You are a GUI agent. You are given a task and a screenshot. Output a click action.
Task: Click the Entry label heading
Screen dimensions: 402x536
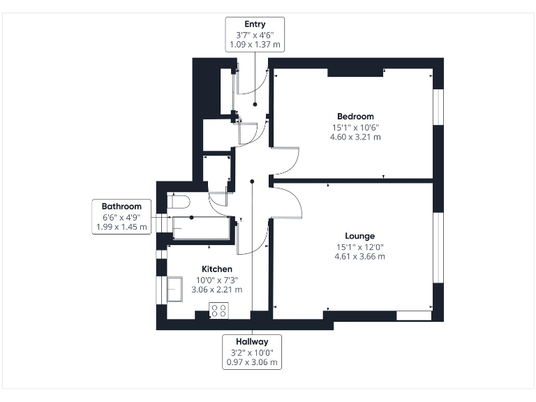click(x=255, y=24)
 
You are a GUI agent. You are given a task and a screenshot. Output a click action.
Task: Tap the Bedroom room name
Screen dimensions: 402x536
click(x=355, y=117)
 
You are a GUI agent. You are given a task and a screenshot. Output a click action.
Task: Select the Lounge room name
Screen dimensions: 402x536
click(x=359, y=236)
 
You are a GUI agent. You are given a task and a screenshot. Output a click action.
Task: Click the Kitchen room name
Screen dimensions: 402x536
click(x=217, y=269)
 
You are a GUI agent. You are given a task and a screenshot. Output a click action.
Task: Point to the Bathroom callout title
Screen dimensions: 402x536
click(x=121, y=207)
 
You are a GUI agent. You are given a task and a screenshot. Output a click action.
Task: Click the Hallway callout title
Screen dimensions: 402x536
click(x=252, y=342)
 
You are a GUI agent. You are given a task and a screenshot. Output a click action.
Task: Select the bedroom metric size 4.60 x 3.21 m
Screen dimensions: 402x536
click(x=355, y=137)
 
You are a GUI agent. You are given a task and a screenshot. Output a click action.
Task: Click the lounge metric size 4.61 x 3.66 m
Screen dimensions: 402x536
click(x=359, y=256)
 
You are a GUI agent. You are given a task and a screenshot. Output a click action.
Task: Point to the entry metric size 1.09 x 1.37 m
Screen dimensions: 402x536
click(x=255, y=45)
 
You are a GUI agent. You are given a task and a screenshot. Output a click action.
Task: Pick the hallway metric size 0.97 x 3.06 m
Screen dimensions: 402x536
click(x=252, y=362)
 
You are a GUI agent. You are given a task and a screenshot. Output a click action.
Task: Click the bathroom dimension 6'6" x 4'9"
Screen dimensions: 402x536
click(x=121, y=217)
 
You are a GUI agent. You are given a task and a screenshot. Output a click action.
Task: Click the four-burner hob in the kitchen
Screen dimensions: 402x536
click(x=218, y=310)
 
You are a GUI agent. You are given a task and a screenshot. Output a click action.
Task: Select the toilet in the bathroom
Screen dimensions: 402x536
click(x=179, y=202)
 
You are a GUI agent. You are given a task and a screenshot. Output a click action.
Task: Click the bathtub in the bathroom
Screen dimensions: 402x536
click(x=201, y=228)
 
